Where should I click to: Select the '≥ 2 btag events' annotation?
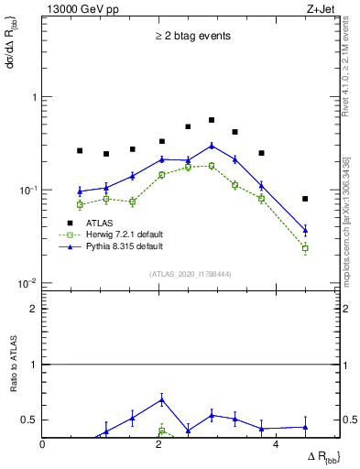click(192, 37)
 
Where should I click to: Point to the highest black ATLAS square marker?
click(212, 120)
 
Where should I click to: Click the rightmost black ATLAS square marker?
click(305, 199)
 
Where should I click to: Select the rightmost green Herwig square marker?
click(305, 248)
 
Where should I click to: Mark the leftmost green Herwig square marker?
click(80, 204)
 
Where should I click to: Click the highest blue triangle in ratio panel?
click(162, 399)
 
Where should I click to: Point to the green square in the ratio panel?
click(162, 431)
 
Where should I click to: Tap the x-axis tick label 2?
click(159, 444)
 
